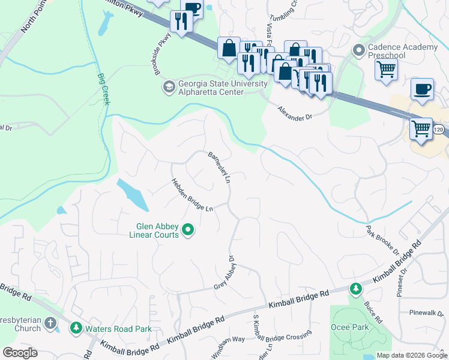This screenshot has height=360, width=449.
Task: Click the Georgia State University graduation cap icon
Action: pyautogui.click(x=169, y=88)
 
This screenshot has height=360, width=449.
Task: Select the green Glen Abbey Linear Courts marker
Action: pyautogui.click(x=188, y=230)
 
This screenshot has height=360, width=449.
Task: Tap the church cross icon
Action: pyautogui.click(x=50, y=324)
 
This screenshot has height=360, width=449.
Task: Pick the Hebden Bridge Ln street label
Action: pyautogui.click(x=192, y=195)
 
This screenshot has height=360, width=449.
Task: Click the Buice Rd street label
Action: pyautogui.click(x=373, y=312)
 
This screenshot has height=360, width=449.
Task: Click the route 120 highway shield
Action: pyautogui.click(x=439, y=130)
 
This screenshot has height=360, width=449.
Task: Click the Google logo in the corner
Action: pyautogui.click(x=20, y=352)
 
